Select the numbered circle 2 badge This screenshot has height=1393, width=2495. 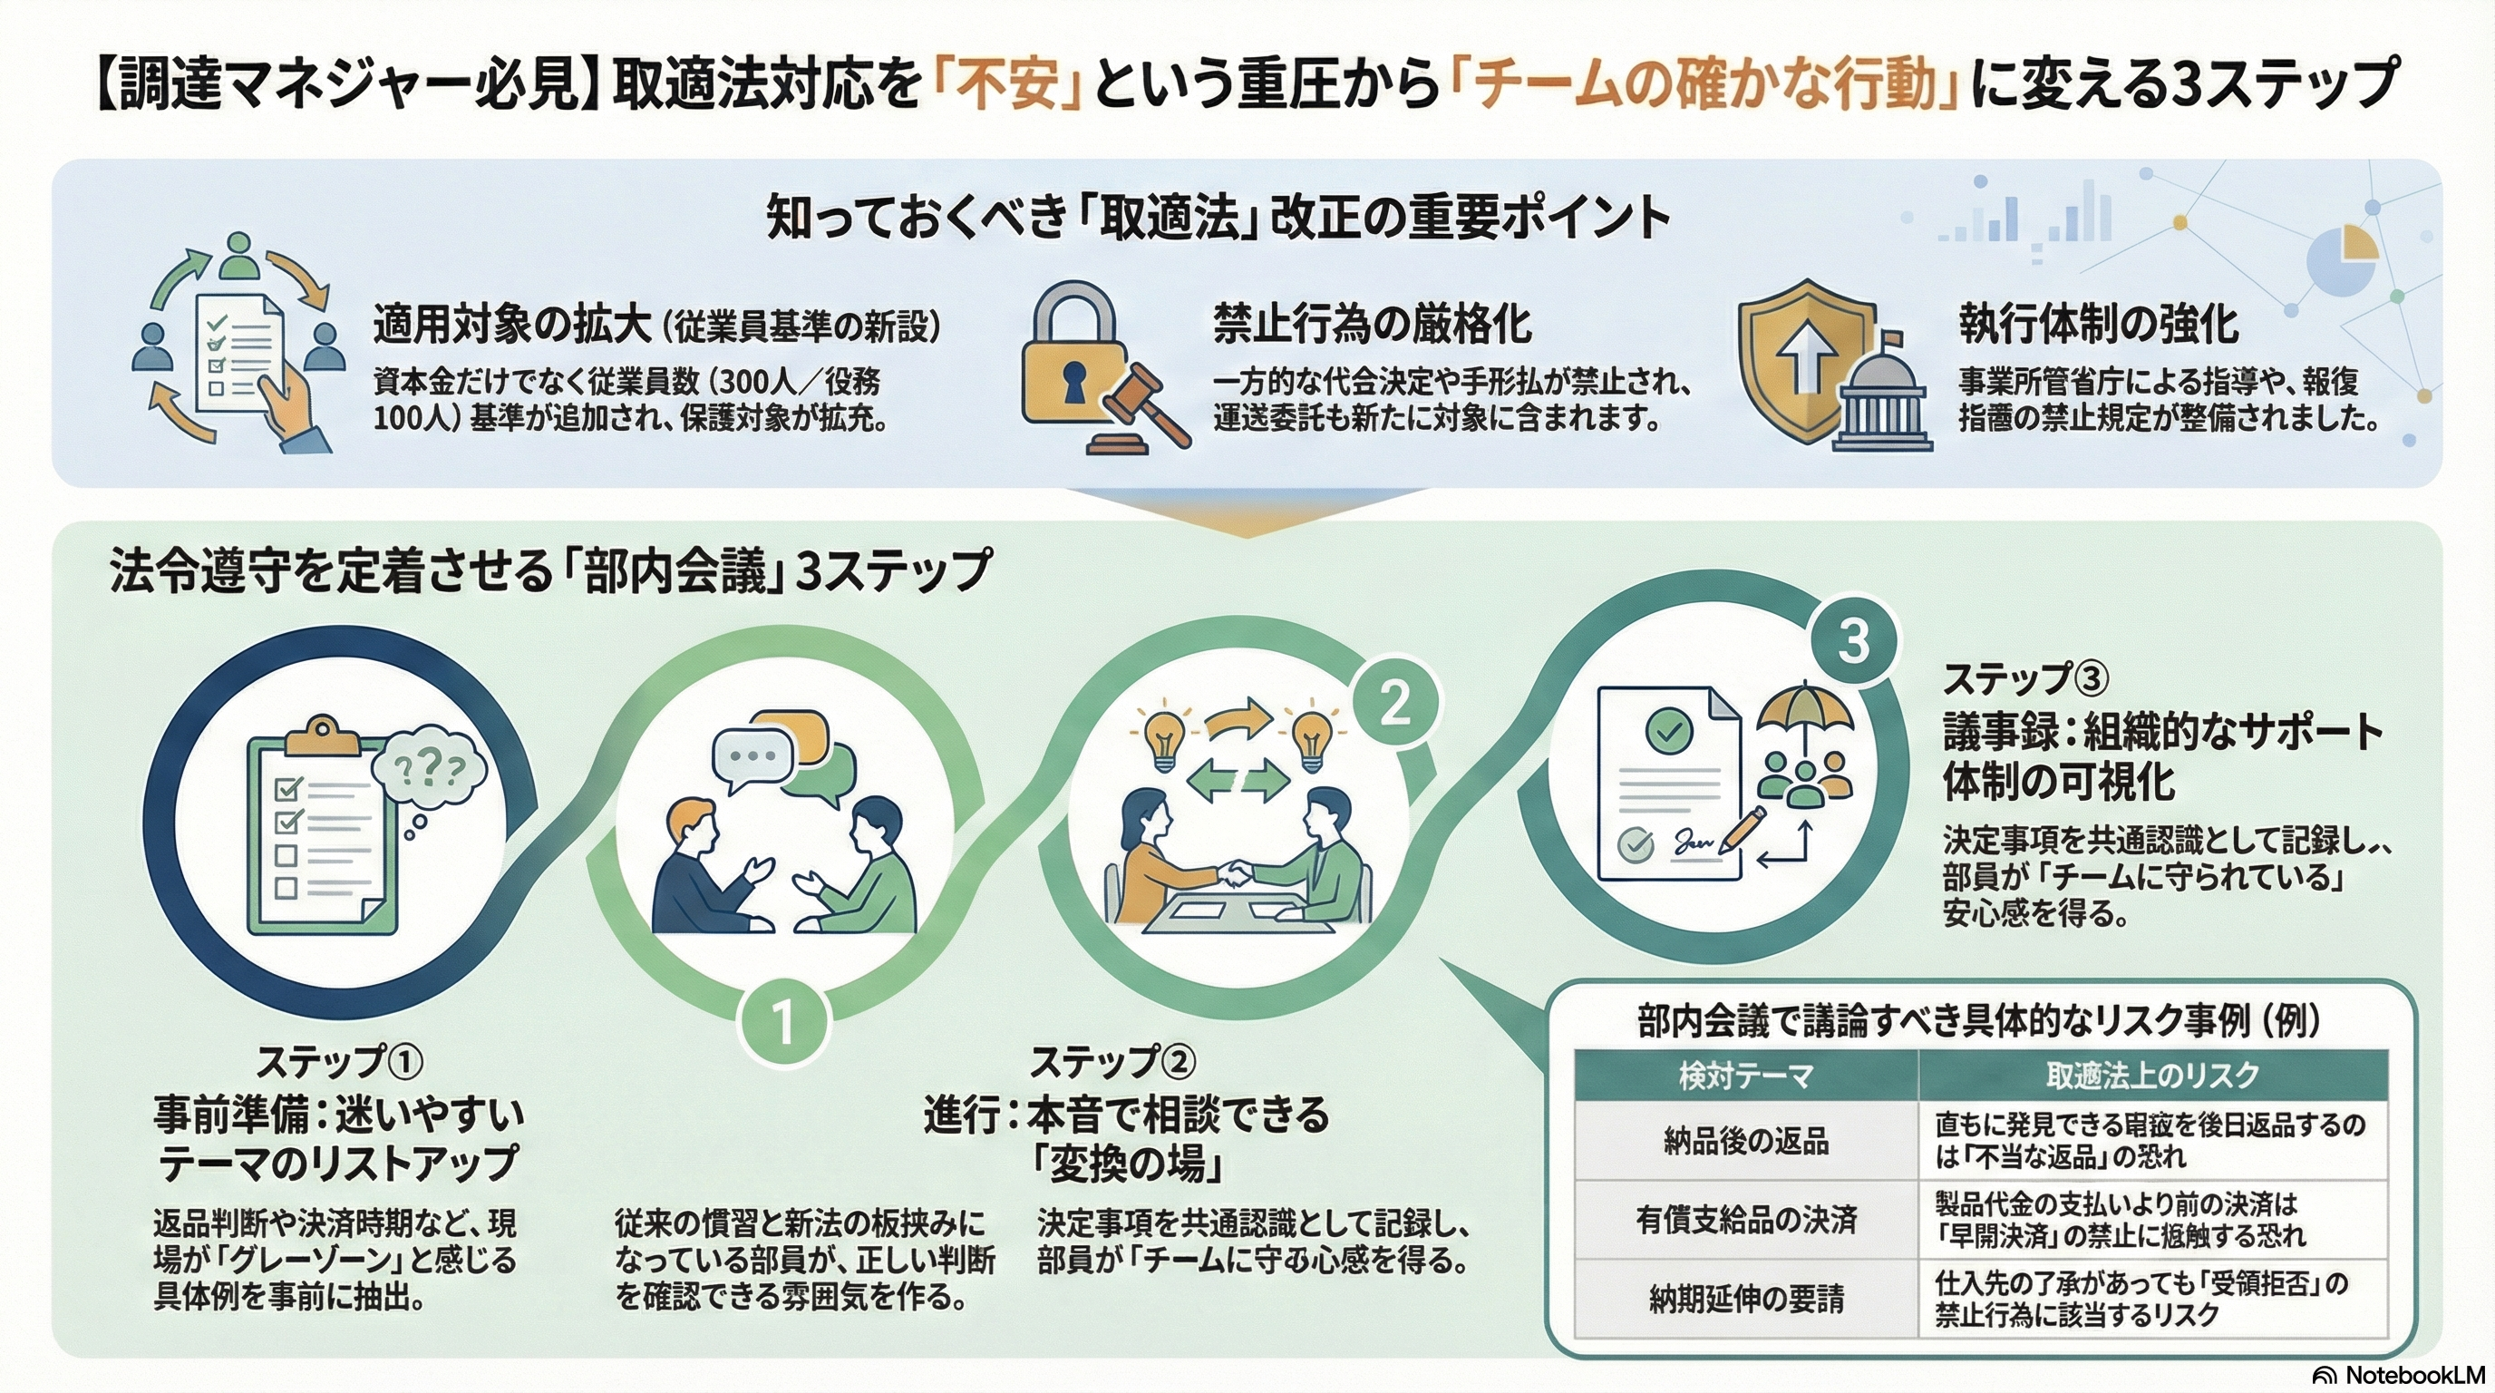coord(1393,705)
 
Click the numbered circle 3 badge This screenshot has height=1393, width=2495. coord(1852,640)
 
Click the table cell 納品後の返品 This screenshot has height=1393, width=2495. coord(1745,1141)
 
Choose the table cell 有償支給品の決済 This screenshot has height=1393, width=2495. coord(1745,1220)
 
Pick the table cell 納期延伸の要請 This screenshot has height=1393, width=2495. coord(1745,1299)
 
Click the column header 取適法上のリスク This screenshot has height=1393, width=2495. coord(2152,1076)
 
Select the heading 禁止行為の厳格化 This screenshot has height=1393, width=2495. coord(1372,324)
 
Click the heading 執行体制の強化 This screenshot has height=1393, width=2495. coord(2098,324)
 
